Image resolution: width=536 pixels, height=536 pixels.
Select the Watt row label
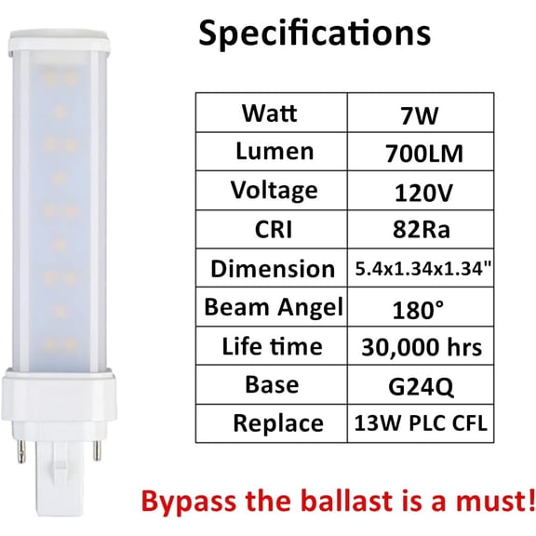[270, 113]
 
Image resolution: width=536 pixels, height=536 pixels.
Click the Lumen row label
[270, 152]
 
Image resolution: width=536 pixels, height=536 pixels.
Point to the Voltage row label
[270, 191]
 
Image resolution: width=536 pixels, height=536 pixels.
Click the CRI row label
[270, 230]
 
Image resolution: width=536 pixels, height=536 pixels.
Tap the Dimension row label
[270, 269]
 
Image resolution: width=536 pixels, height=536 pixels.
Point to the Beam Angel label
[270, 307]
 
